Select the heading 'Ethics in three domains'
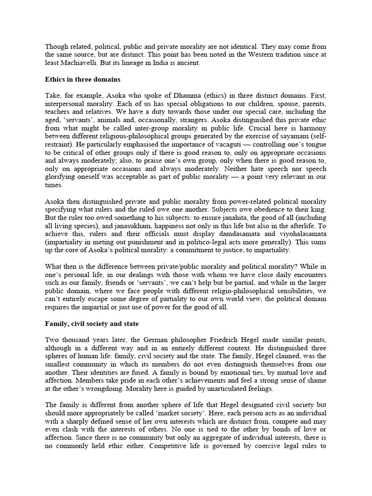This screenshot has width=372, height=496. [84, 79]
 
